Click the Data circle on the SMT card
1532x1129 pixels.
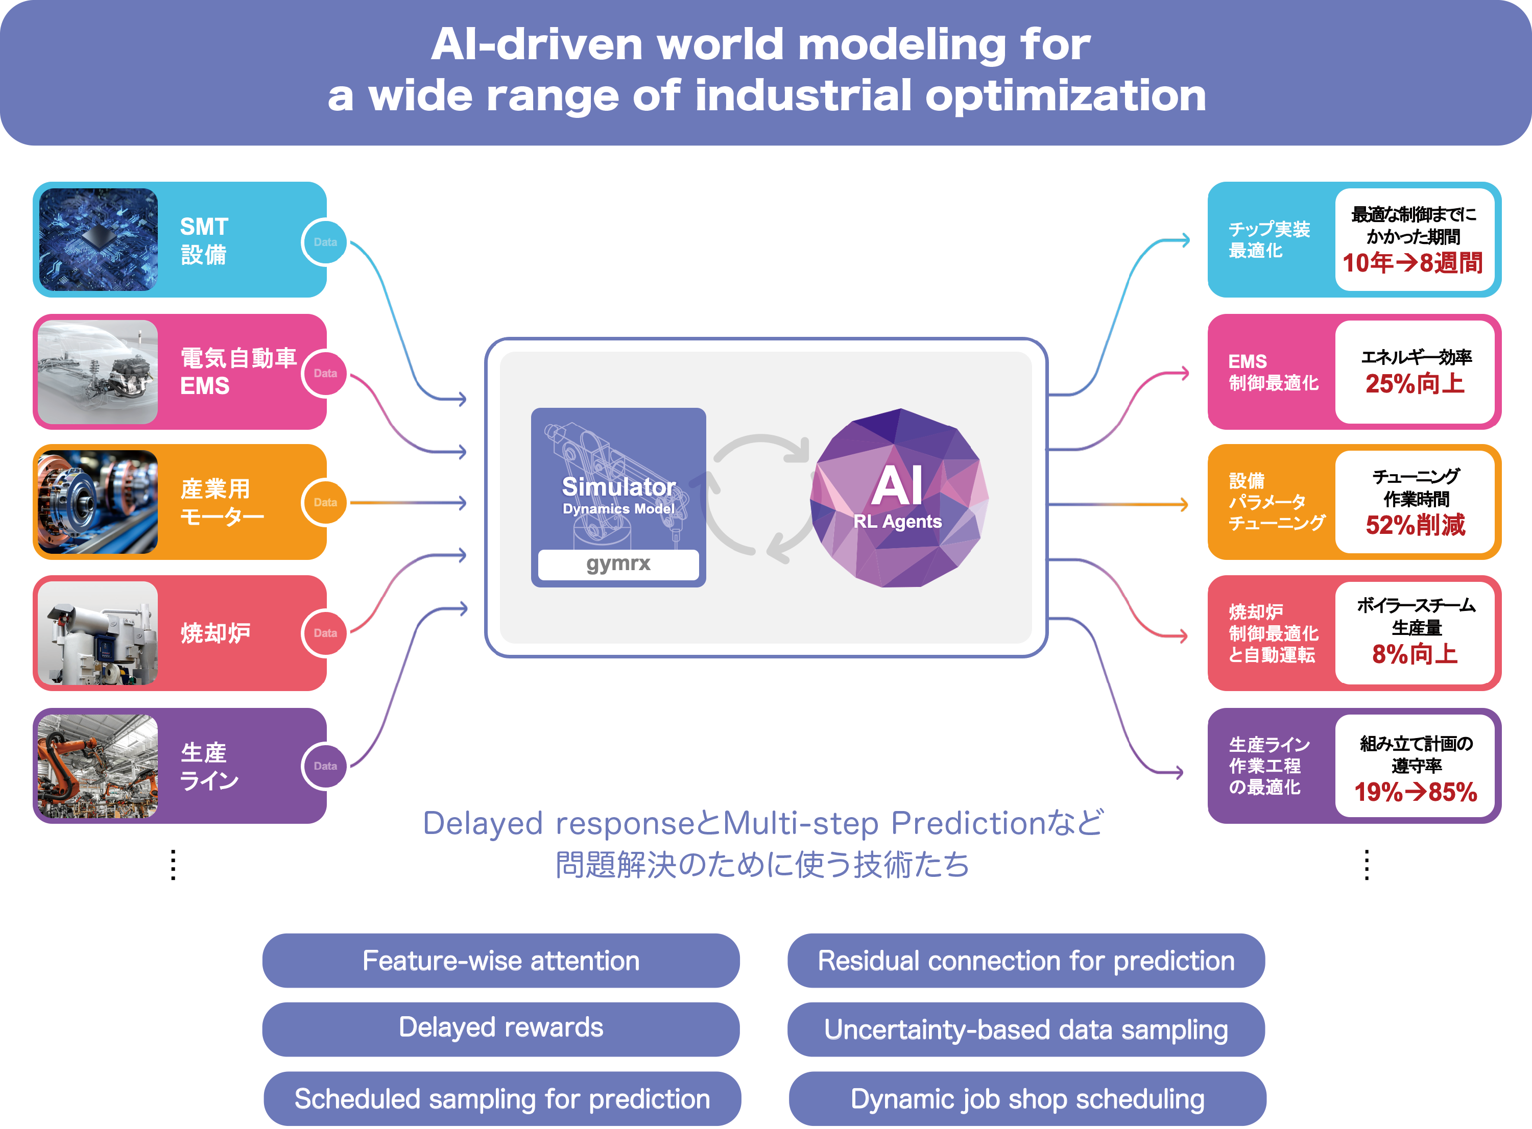click(325, 242)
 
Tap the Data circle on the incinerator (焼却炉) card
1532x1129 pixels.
click(325, 633)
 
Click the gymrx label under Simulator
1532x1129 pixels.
click(618, 564)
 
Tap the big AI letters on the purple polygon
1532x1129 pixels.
click(898, 486)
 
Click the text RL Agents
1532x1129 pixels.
click(898, 522)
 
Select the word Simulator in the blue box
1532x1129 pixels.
click(618, 486)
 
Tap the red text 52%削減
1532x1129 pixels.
click(1415, 525)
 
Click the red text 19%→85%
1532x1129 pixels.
click(1415, 792)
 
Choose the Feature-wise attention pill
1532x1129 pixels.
click(501, 961)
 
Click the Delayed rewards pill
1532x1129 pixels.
click(501, 1028)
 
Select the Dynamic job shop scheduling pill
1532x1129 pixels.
click(1027, 1099)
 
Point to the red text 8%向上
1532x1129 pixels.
click(1415, 654)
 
